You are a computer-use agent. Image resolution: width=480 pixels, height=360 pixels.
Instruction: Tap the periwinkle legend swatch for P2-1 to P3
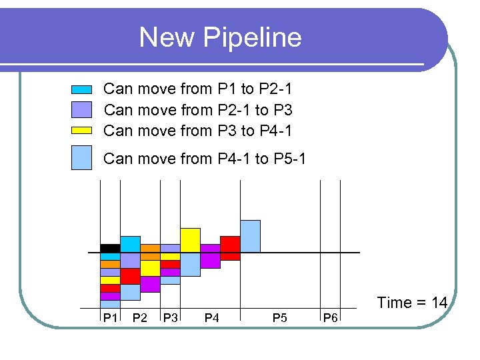pos(81,109)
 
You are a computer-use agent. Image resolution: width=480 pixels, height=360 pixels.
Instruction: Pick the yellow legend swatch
pos(81,131)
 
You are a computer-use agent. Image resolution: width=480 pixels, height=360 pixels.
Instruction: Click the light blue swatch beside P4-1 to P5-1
pos(81,158)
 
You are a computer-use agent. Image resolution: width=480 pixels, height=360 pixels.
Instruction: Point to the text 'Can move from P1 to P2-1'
pos(198,89)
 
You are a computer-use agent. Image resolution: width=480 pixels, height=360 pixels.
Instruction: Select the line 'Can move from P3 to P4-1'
pos(198,131)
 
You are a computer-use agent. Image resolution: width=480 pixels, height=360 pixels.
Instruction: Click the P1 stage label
pos(110,318)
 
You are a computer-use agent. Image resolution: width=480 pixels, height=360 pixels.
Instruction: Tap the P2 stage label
pos(140,318)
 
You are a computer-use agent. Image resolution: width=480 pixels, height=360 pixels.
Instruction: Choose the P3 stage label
pos(171,318)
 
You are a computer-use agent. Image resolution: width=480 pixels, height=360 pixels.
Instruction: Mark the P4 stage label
pos(211,318)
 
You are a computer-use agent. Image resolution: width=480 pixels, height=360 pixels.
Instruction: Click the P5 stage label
pos(279,318)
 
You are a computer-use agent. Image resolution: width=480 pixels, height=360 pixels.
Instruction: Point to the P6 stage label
pos(330,318)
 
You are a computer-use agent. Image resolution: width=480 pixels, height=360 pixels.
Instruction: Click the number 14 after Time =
pos(439,303)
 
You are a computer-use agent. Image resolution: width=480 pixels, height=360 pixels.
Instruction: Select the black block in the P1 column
pos(110,248)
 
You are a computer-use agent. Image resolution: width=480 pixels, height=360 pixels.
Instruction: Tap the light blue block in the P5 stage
pos(250,236)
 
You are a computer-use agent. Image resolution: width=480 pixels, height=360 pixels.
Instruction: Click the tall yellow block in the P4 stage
pos(190,240)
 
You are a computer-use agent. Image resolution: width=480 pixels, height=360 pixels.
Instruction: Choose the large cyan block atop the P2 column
pos(130,244)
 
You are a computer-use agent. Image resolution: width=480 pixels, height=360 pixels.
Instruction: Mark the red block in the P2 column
pos(130,276)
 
